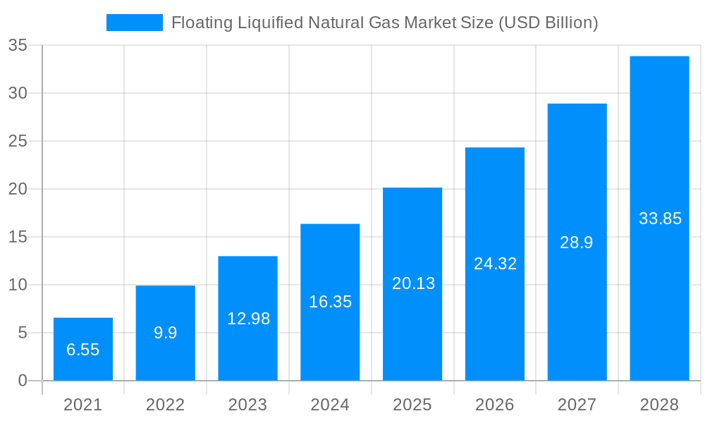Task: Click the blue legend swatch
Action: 134,23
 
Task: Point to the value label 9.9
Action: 166,333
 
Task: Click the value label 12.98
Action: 248,319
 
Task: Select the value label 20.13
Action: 413,283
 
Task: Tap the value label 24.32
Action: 495,264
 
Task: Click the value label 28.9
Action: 577,243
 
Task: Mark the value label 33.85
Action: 660,219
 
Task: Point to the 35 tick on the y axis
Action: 18,45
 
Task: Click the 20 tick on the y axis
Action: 18,189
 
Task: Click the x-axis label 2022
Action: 165,405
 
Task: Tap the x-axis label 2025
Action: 412,405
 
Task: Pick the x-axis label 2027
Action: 577,405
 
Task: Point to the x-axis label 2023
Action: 247,405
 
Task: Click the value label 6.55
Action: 83,350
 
